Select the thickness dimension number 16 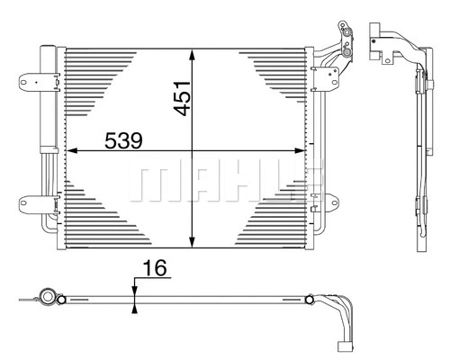(155, 268)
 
